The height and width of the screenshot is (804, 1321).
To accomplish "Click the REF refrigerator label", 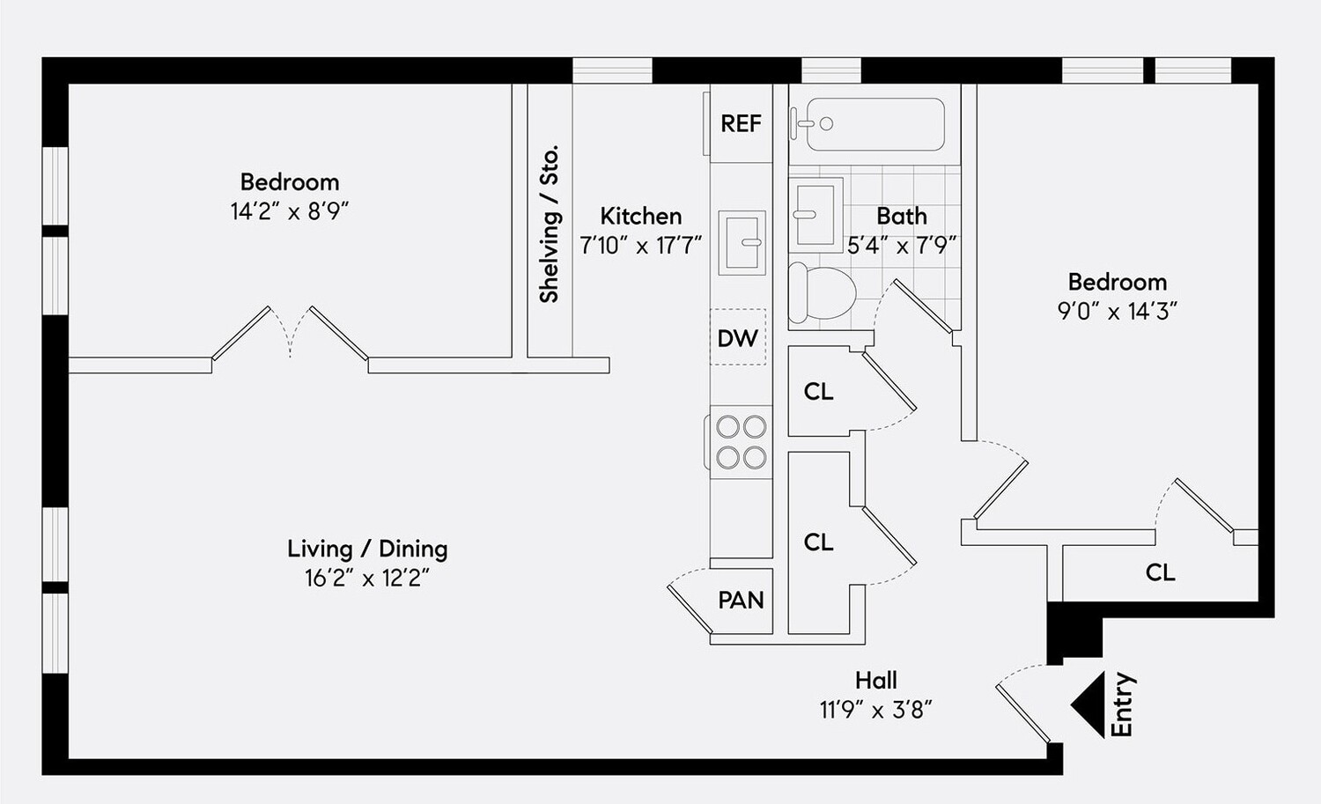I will (x=741, y=124).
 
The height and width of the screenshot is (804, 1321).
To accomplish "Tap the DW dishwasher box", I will (x=738, y=337).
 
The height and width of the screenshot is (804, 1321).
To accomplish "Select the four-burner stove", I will (x=741, y=442).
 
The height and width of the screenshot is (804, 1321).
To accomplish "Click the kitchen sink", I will (x=742, y=242).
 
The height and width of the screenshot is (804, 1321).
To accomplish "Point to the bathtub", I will (x=875, y=124).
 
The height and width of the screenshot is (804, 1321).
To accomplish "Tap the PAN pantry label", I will (x=741, y=601).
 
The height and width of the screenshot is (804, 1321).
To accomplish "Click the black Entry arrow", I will (x=1089, y=704).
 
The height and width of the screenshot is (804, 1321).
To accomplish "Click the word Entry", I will (x=1122, y=704).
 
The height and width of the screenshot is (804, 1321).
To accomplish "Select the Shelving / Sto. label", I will (x=550, y=225).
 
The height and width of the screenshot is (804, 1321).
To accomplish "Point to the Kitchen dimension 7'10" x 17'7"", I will (x=640, y=246).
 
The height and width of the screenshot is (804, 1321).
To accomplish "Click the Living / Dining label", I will (x=367, y=549).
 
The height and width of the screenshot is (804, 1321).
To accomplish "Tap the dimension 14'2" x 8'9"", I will (x=290, y=211).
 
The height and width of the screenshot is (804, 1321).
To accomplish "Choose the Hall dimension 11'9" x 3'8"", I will (x=875, y=710).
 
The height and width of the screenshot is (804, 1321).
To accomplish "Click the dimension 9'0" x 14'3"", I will (x=1117, y=311).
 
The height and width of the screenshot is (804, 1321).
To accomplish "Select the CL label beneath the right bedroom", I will (x=1160, y=572).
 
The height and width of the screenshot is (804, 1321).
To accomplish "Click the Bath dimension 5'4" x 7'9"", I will (x=902, y=246).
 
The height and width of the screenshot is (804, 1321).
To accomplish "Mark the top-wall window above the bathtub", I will (x=830, y=70).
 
